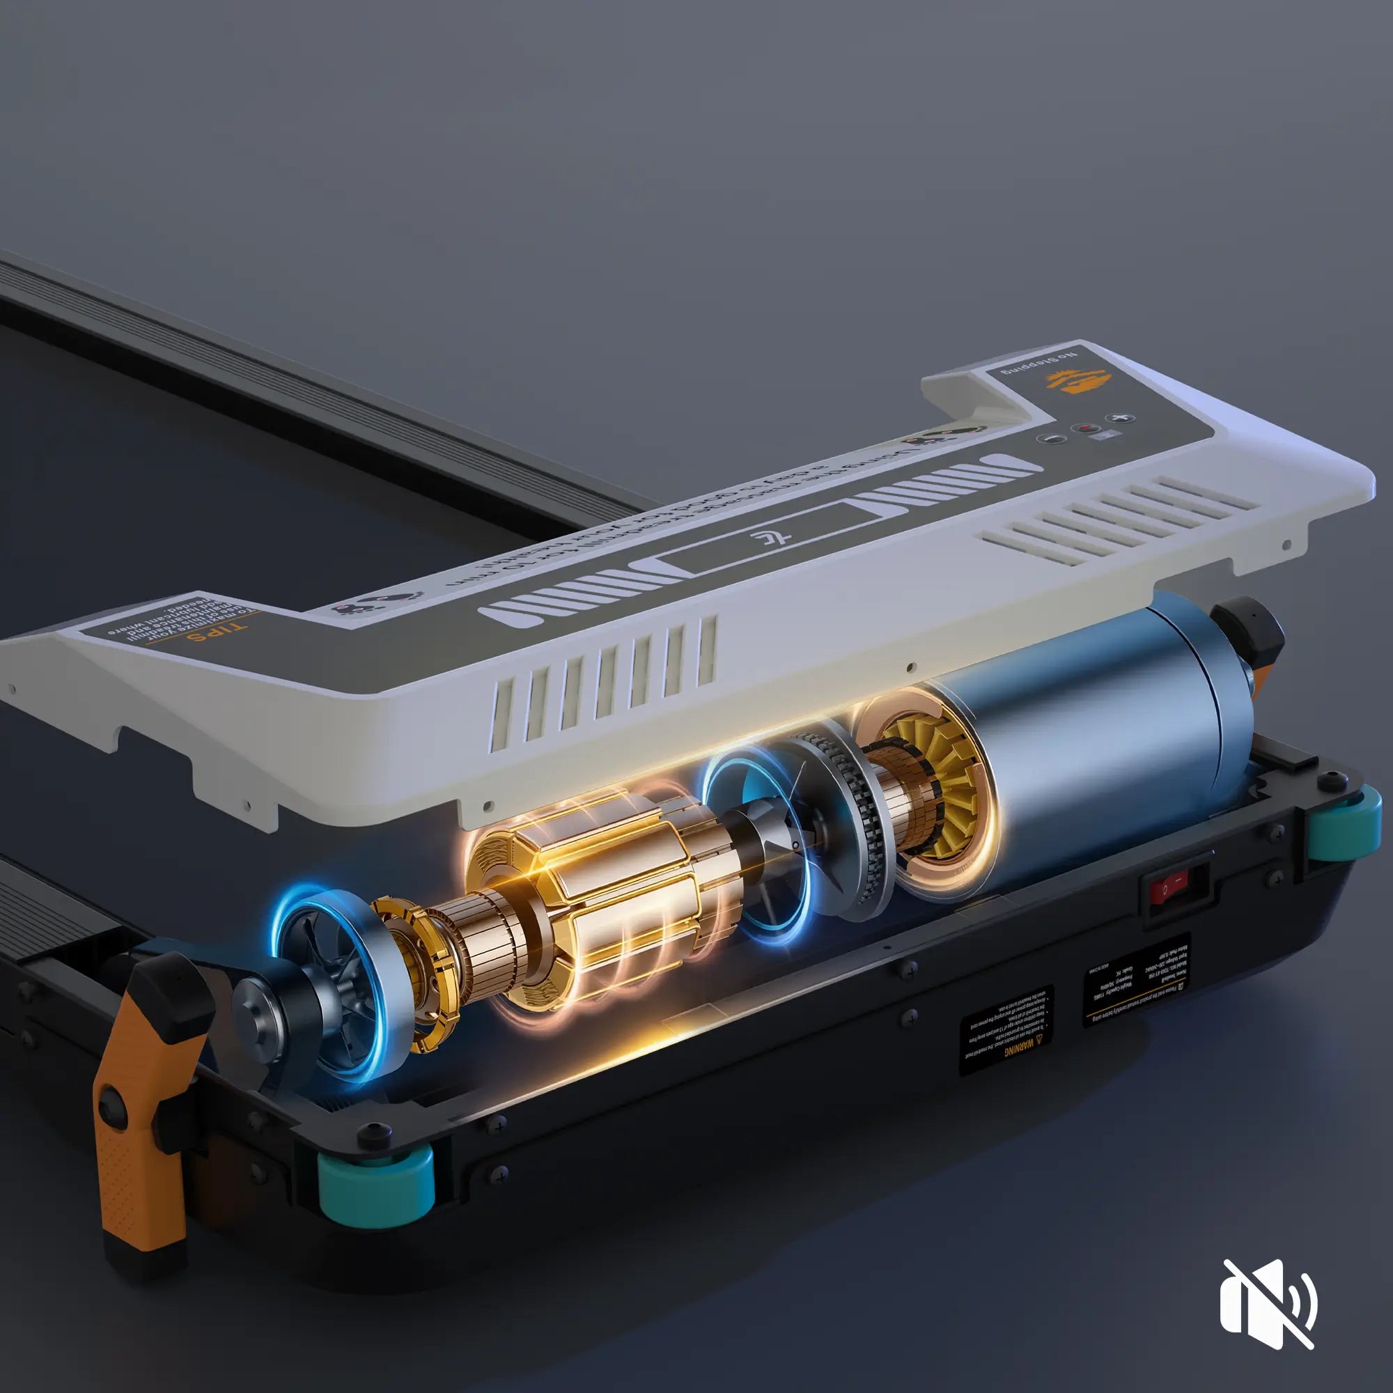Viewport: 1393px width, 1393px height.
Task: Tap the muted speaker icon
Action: (x=1268, y=1304)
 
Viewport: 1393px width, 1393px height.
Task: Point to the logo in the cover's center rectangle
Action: (x=771, y=538)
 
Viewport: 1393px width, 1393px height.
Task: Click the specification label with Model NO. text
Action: (x=1135, y=981)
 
